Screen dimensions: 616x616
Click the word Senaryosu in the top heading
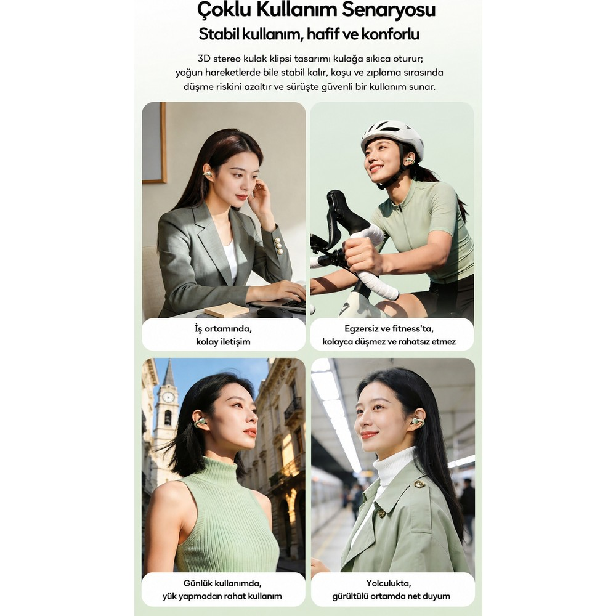pos(389,9)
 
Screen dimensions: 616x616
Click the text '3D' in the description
pos(204,59)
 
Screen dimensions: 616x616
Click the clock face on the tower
pos(168,397)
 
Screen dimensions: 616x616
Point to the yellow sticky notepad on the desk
pos(226,311)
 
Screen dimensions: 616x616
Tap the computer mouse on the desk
pos(275,312)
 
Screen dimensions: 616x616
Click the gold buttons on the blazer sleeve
pos(279,246)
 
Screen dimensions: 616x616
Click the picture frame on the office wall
pos(155,143)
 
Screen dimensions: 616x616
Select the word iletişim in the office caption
pos(234,341)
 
